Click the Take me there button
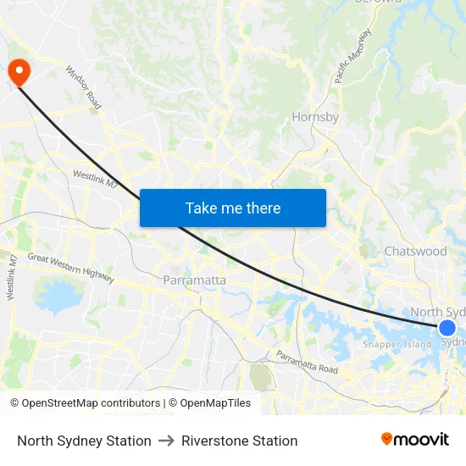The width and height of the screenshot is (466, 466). click(x=233, y=208)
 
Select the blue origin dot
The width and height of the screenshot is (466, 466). click(x=447, y=328)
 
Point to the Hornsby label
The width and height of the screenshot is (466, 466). click(x=315, y=117)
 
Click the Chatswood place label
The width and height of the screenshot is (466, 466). click(x=415, y=251)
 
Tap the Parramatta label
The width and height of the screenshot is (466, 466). click(x=194, y=280)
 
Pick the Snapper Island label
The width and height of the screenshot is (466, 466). click(x=397, y=345)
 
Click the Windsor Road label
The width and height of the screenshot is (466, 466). click(x=84, y=87)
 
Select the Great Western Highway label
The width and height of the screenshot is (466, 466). click(x=70, y=267)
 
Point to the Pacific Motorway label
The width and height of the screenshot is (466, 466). click(x=352, y=56)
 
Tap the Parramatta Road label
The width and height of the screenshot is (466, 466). click(x=307, y=362)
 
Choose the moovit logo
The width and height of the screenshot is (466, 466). click(x=415, y=440)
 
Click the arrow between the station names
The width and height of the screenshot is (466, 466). click(x=166, y=441)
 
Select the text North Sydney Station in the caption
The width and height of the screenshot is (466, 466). click(x=84, y=441)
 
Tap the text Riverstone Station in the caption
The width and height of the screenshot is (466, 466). click(x=240, y=441)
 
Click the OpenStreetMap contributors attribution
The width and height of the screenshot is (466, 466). click(x=85, y=403)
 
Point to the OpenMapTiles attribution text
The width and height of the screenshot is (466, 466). click(x=209, y=403)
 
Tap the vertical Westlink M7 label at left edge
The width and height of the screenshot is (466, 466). click(x=11, y=276)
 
